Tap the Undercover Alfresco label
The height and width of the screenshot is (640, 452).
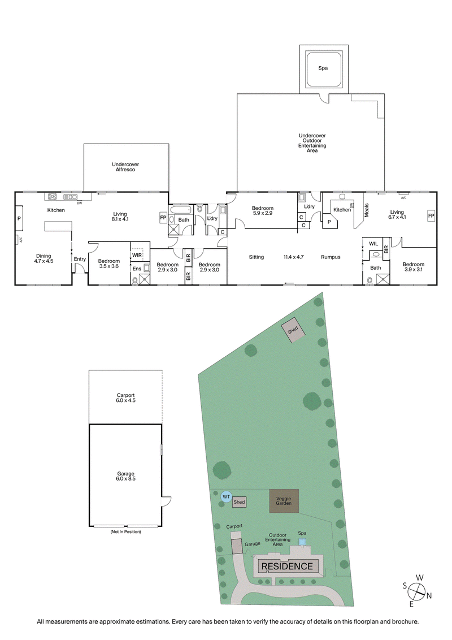coord(125,167)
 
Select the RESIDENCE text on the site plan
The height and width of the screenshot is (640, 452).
coord(286,566)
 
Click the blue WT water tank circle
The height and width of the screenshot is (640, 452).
coord(226,496)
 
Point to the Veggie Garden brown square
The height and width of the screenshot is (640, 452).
coord(284,500)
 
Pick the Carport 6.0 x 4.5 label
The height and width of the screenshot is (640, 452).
coord(125,397)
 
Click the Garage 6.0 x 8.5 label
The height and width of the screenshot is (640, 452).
coord(125,476)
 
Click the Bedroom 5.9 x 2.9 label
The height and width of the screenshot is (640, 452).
coord(263,210)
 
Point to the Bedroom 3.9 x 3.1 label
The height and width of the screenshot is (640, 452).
coord(413,267)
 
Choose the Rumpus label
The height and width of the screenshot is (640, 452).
coord(331,257)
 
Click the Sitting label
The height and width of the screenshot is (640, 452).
coord(256,257)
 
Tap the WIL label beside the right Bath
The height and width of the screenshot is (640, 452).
coord(373,244)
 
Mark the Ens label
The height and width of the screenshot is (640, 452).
coord(136,269)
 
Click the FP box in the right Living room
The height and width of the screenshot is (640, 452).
coord(431,216)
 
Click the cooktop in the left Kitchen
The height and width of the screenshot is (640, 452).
coord(53,197)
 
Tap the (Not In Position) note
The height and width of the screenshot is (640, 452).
coord(125,532)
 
